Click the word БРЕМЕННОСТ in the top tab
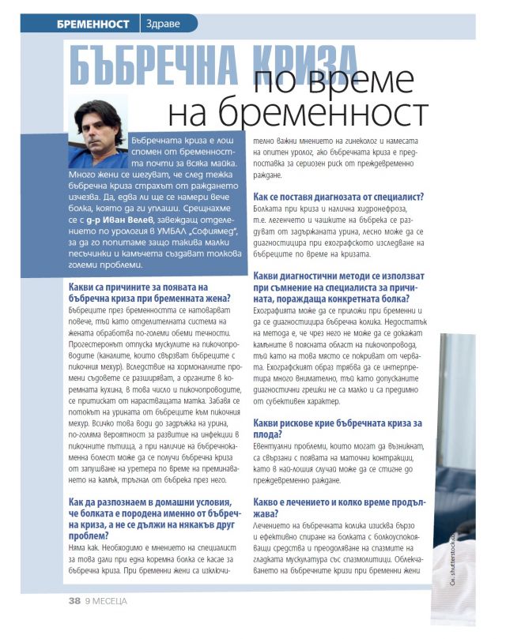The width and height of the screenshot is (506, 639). (x=93, y=24)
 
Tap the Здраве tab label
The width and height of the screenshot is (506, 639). (x=163, y=24)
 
